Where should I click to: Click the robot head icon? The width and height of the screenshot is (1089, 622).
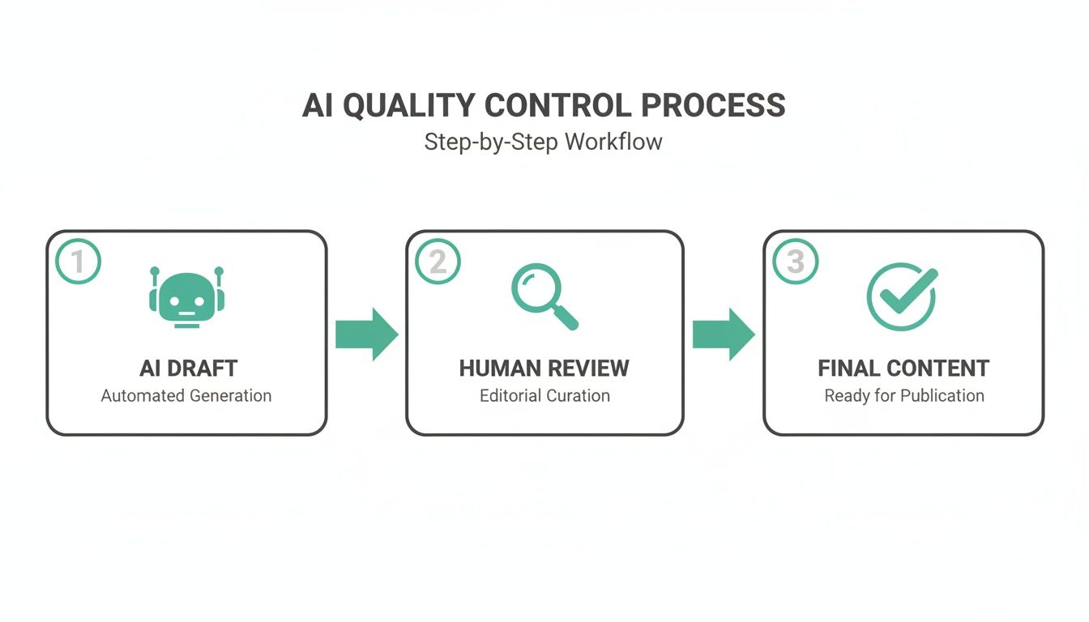click(x=186, y=298)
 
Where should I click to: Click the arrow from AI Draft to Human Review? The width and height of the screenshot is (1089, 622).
click(x=366, y=334)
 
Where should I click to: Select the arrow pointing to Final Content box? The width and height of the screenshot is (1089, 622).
click(x=724, y=334)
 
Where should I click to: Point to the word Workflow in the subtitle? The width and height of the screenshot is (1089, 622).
click(x=613, y=142)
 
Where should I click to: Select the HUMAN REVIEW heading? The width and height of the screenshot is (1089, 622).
click(x=544, y=369)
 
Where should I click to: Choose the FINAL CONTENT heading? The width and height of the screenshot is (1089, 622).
click(x=903, y=369)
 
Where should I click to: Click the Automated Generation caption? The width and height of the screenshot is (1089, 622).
click(x=186, y=396)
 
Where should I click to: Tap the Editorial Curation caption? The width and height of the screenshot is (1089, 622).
click(x=544, y=396)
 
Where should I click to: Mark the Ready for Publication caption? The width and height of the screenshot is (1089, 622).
click(x=904, y=396)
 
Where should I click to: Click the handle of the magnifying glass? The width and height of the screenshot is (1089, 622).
click(x=567, y=319)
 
